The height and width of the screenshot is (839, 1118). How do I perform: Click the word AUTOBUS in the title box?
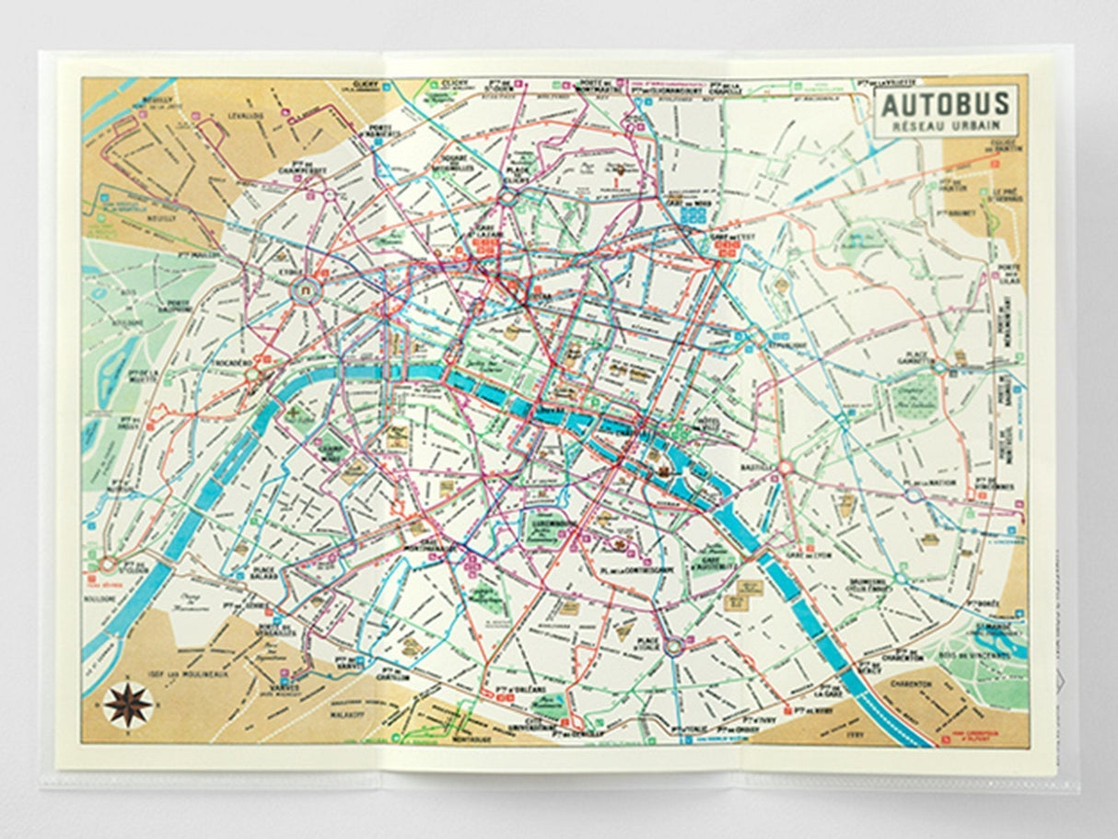(946, 104)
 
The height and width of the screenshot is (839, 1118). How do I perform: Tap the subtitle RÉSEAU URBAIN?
(946, 124)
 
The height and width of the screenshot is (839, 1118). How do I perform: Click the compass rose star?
(128, 705)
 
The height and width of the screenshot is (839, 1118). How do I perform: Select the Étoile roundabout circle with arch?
(303, 292)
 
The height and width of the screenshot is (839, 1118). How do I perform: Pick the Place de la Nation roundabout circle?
(914, 495)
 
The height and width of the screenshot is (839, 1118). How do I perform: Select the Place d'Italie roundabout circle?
(674, 647)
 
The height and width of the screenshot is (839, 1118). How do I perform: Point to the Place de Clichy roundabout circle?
(507, 195)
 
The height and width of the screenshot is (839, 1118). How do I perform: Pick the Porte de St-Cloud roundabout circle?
(109, 564)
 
